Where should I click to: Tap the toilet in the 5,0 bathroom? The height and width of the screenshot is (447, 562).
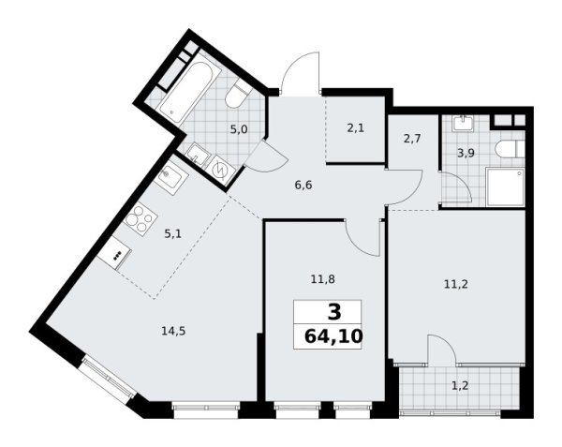pyautogui.click(x=238, y=96)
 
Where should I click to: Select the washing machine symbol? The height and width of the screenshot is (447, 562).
pyautogui.click(x=222, y=169)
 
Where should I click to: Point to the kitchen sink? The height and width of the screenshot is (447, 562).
pyautogui.click(x=170, y=177)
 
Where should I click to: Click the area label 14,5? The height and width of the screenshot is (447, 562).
pyautogui.click(x=170, y=329)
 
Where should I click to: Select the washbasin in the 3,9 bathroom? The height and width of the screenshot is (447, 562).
pyautogui.click(x=464, y=125)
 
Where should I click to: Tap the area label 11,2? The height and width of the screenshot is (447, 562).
pyautogui.click(x=453, y=277)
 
